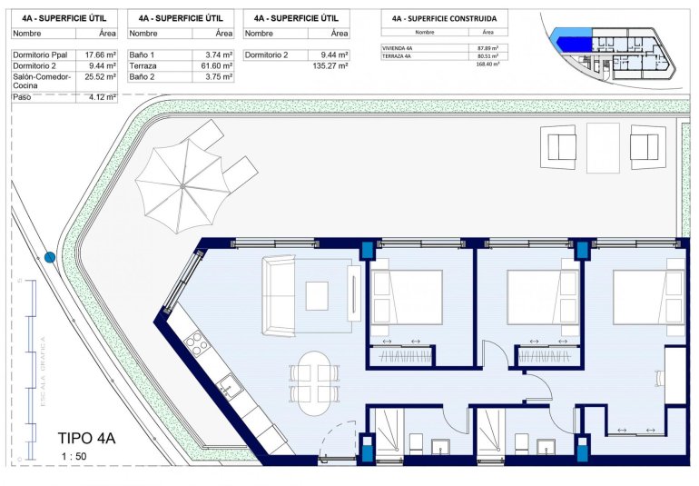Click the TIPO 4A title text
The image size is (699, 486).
pos(87,438)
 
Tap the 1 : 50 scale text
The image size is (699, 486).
pos(74,456)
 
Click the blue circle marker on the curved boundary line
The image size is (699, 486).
pos(51,258)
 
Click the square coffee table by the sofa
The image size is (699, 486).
pos(317,295)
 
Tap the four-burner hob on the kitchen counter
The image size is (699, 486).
pos(195,342)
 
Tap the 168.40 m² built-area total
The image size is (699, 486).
pos(488,64)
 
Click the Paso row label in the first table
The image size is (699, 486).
pos(24,96)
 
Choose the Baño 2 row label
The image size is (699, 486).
pos(143,77)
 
